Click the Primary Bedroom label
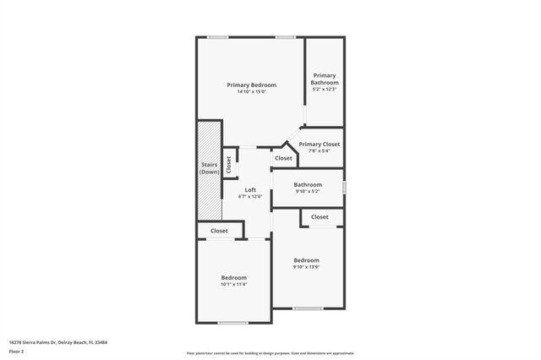click(251, 85)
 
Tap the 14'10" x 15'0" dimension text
click(251, 91)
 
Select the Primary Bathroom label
click(325, 79)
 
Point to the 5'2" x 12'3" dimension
click(325, 89)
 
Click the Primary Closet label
click(319, 144)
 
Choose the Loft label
click(250, 190)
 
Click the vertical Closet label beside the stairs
click(228, 165)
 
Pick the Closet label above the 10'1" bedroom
click(219, 230)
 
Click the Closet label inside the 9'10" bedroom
click(320, 217)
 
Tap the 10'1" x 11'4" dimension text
click(234, 284)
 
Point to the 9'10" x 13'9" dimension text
click(306, 267)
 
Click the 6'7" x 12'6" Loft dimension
click(250, 197)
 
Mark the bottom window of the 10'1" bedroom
click(232, 323)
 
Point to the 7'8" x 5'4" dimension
click(319, 150)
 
